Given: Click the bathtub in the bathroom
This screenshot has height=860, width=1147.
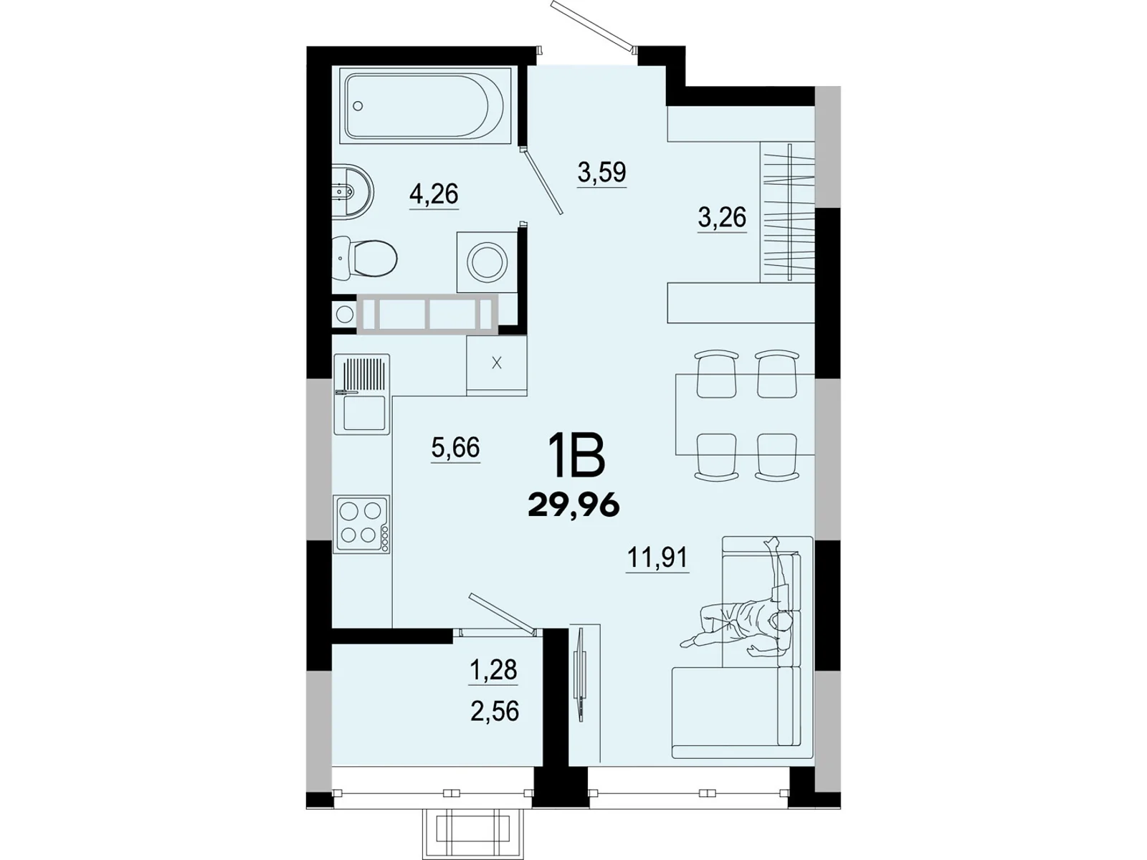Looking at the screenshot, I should tap(427, 106).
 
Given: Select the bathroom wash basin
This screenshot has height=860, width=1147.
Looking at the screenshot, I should tap(353, 191).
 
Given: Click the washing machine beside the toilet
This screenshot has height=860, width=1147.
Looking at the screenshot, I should tap(487, 261).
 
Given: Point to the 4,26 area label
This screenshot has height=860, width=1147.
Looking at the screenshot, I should tap(434, 193).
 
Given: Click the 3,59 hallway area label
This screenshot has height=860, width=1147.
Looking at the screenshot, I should tap(601, 172).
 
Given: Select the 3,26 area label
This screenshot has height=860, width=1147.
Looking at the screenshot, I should tap(722, 216).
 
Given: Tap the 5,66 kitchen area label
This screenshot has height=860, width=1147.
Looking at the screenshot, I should tap(455, 448).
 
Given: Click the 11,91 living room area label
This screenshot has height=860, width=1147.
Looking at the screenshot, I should tap(657, 557).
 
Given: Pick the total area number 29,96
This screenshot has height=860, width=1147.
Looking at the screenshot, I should tap(573, 506).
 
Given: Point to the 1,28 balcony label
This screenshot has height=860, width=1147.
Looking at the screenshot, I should tap(493, 670).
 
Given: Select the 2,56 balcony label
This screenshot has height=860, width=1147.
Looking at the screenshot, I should tap(495, 712).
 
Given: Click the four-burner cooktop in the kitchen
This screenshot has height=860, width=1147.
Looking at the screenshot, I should tap(362, 523).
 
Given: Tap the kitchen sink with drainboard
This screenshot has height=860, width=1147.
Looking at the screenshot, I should tap(362, 394).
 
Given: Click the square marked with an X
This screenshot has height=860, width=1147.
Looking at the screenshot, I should tap(496, 363).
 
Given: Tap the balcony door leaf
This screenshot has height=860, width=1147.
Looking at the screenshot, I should tap(502, 613).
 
